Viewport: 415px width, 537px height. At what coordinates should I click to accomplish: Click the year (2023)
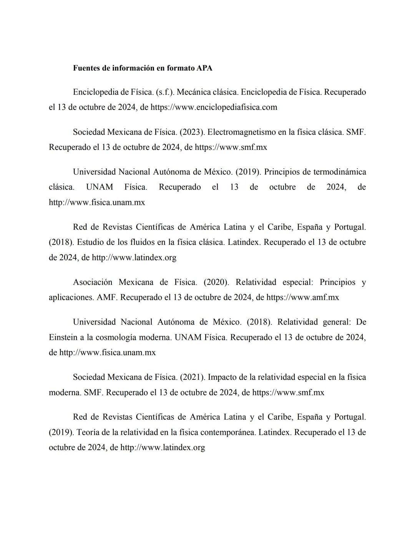point(192,132)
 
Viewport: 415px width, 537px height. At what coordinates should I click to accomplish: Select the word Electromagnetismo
point(241,132)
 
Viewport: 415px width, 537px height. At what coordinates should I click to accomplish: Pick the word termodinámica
point(340,172)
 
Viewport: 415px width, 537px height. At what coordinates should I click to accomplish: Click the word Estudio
point(91,243)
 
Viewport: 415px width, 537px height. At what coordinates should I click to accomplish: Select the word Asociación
point(92,283)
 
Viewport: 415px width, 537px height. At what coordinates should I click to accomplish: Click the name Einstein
point(63,337)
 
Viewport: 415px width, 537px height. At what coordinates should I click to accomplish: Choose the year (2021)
point(192,377)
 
